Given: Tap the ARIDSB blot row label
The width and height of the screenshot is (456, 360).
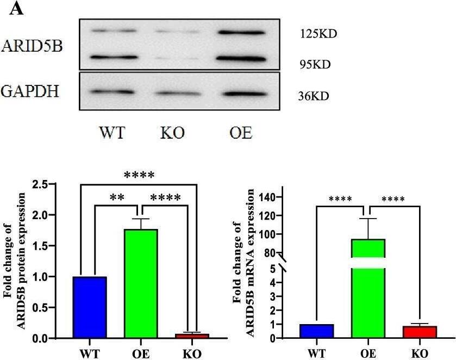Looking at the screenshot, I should point(32,46).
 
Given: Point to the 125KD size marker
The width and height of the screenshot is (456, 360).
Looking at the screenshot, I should point(318,34).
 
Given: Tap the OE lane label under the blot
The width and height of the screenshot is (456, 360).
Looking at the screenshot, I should point(239,132).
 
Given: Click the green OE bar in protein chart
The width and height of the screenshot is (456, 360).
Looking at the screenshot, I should point(141,283).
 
